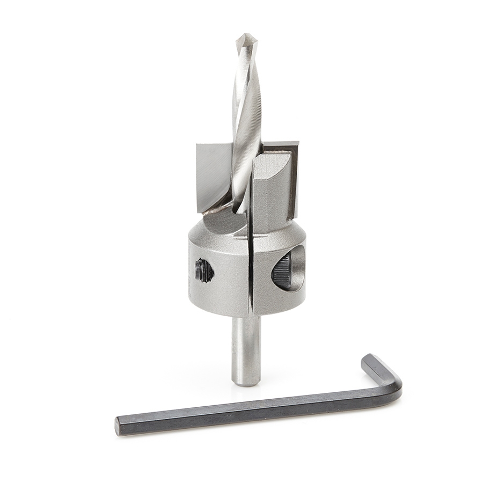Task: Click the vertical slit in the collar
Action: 250,268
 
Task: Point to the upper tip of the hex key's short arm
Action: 369,358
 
